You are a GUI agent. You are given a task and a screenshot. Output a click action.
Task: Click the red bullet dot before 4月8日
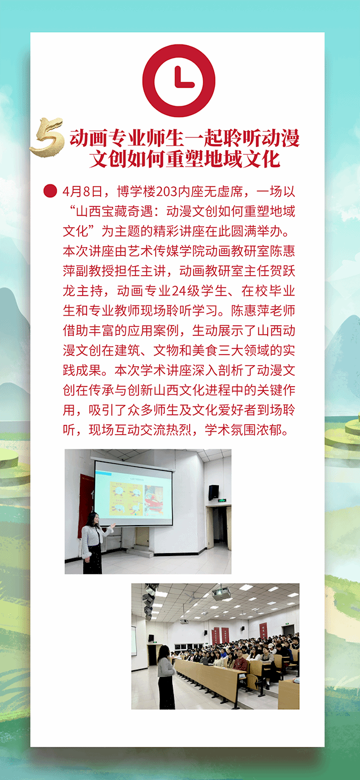tap(50, 191)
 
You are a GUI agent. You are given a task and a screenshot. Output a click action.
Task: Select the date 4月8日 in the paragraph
tap(83, 191)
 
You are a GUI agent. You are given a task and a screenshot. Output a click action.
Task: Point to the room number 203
tap(166, 191)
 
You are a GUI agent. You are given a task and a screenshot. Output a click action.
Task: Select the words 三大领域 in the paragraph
tap(231, 350)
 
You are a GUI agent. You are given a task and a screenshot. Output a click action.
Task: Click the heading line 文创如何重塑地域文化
tap(185, 159)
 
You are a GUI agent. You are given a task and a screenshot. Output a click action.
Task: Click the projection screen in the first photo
tap(134, 492)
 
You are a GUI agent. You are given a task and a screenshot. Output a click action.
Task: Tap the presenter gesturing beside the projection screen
tap(93, 543)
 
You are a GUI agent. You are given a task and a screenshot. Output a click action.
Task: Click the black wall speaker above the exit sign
tap(213, 492)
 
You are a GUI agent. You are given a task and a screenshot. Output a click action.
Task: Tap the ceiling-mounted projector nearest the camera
tap(222, 593)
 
